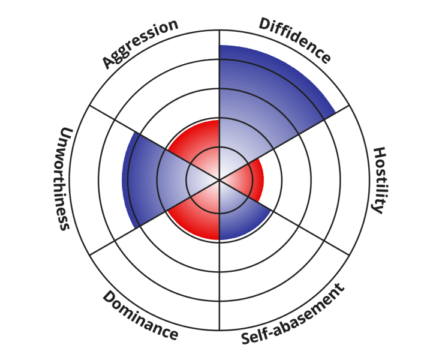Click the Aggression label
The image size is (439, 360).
pos(140,43)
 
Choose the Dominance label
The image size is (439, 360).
pos(140,316)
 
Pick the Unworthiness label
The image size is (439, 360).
pos(64,178)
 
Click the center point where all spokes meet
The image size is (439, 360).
pos(220,179)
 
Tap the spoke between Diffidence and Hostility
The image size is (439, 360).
pos(300,133)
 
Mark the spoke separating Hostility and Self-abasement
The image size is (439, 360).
pos(300,226)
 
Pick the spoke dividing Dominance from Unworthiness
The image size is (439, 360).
pos(138,227)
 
